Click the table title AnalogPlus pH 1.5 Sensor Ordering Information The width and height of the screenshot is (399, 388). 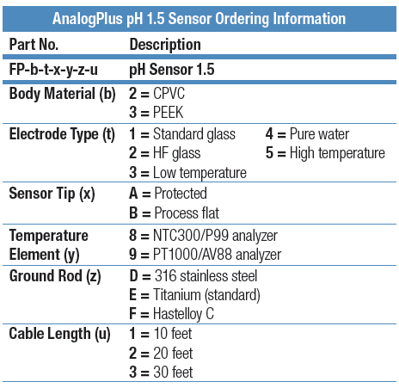199,19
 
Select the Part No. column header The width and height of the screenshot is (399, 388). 34,45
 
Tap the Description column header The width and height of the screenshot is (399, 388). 165,45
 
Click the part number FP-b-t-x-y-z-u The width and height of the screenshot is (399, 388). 53,70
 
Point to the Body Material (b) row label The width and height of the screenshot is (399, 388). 63,94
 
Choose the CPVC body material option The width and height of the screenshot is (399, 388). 157,94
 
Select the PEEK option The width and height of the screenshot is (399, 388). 157,112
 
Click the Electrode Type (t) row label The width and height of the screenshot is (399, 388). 62,134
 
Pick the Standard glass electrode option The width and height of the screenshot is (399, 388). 182,134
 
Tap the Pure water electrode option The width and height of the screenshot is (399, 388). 307,134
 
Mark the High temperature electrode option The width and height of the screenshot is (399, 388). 325,153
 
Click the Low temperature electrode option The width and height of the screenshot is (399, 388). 187,173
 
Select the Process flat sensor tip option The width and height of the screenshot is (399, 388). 175,213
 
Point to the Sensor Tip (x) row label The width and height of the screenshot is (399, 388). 52,194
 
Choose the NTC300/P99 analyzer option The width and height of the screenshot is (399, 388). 203,236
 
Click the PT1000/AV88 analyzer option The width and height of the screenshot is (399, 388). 206,255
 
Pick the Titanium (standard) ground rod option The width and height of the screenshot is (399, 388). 194,295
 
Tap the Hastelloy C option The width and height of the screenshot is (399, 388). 171,314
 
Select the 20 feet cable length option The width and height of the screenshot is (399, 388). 161,353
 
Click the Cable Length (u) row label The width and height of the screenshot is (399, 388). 59,334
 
